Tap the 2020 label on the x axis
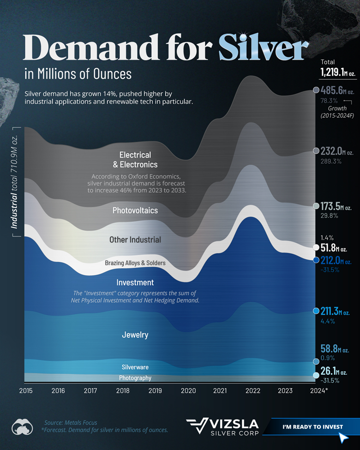[188, 390]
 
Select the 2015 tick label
[25, 390]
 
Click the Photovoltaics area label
[135, 210]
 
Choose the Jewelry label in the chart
[135, 335]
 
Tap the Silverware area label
[135, 367]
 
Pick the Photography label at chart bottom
[135, 378]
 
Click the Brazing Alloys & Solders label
[135, 263]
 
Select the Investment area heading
[135, 282]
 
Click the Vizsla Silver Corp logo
[222, 427]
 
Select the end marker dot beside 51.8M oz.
[316, 247]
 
